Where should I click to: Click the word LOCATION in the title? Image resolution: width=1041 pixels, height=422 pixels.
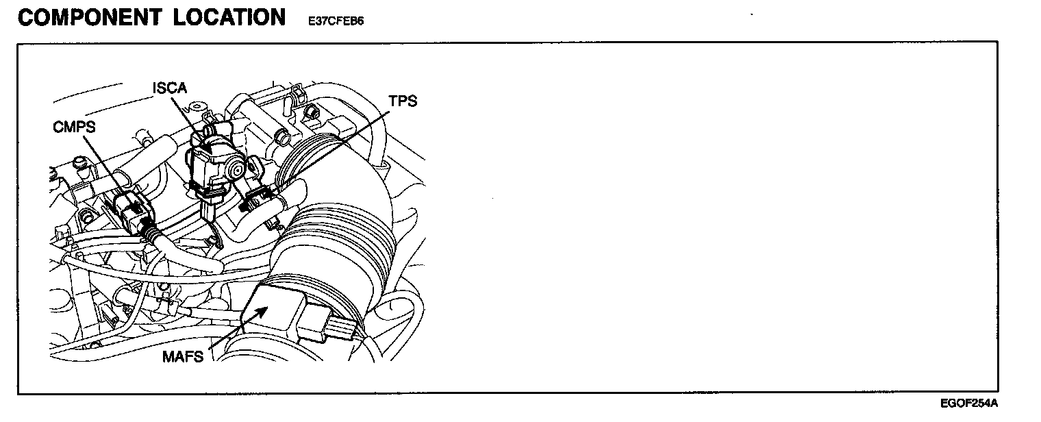229,17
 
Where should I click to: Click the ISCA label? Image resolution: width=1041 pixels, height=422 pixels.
169,88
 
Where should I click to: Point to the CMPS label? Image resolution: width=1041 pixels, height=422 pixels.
74,127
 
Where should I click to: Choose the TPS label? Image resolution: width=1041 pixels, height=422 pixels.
403,101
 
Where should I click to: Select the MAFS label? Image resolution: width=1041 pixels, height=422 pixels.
183,356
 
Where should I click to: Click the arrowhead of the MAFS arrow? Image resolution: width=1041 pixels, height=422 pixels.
264,310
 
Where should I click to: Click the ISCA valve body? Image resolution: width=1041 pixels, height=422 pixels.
212,161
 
